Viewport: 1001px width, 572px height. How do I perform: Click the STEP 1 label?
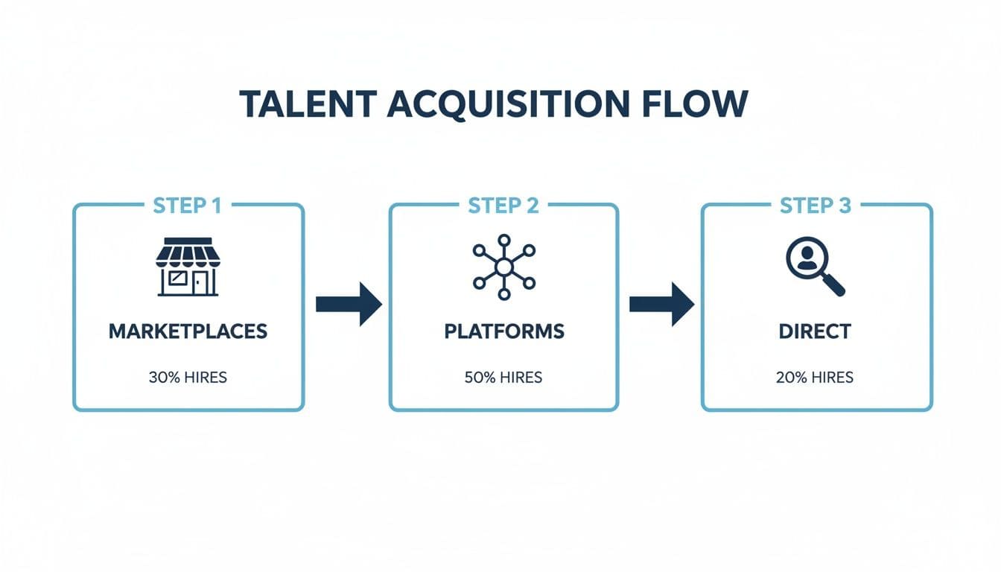point(187,206)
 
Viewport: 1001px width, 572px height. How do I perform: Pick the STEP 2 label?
point(503,206)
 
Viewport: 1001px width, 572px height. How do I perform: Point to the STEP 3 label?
point(816,206)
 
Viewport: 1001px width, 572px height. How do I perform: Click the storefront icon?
point(188,267)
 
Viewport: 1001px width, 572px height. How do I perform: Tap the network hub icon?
point(503,267)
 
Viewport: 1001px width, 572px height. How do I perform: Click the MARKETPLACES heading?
point(188,331)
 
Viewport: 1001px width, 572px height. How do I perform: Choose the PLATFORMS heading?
point(504,331)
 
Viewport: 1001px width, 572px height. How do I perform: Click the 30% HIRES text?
point(188,378)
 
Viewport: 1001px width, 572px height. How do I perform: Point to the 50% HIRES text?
point(503,378)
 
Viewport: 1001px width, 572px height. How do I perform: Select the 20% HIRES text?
point(815,378)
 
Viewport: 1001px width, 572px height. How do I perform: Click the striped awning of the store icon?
point(188,252)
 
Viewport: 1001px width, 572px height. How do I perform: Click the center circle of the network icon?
point(503,267)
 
